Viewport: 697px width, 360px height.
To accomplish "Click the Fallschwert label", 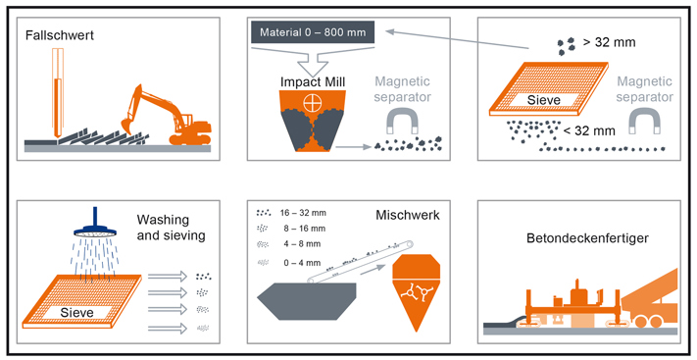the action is pos(60,35).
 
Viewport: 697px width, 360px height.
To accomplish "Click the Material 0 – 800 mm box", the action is pos(313,32).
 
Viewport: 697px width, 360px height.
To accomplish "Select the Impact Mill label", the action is pos(313,81).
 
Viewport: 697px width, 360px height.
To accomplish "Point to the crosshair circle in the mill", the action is pos(312,103).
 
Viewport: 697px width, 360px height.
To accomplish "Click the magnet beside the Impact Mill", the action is pos(402,121).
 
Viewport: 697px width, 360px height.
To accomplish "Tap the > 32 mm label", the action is pos(610,42).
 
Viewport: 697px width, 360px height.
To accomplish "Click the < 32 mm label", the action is pos(589,130).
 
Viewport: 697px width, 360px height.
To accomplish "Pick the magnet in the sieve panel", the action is pos(644,121).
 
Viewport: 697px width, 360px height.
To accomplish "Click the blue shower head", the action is pos(95,226).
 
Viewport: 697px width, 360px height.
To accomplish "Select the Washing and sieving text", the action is pos(172,228).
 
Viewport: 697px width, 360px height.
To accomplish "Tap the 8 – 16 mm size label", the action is pos(305,229).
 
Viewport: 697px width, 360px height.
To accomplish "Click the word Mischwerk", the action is pos(408,216).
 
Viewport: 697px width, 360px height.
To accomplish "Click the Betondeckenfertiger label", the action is pos(587,238).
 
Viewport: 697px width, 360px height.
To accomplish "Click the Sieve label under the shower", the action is pos(76,312).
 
